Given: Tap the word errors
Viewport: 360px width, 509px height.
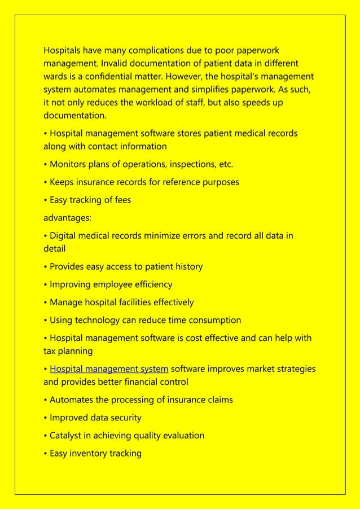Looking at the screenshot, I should click(x=192, y=236).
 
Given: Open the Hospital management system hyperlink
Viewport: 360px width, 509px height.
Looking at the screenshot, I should click(x=109, y=369).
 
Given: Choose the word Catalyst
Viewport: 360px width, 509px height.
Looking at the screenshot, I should click(x=67, y=436).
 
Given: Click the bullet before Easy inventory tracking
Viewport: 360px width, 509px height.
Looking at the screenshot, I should click(x=46, y=454).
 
